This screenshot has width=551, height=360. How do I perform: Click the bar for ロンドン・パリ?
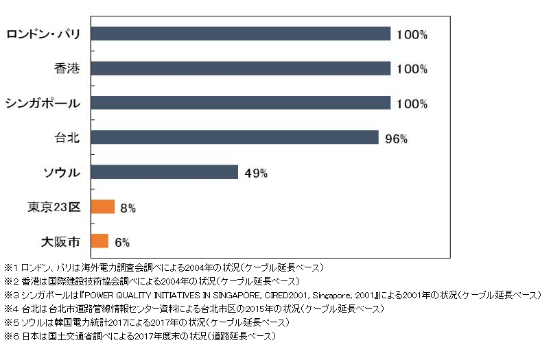(240, 34)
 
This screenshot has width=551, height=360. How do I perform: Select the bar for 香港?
(240, 69)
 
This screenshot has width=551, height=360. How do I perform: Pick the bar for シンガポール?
(240, 103)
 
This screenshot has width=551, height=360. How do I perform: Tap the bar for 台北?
(234, 137)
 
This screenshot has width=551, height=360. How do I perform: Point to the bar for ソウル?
(164, 171)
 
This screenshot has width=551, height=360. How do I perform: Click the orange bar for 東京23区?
(102, 206)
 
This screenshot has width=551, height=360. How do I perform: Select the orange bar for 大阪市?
(99, 241)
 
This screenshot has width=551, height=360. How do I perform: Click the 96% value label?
(396, 139)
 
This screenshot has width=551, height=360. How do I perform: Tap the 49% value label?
(256, 173)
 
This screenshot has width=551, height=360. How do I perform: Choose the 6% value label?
(122, 241)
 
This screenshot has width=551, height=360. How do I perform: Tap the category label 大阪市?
(60, 241)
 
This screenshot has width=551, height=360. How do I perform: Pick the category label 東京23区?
(56, 207)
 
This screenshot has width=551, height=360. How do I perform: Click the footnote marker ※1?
(12, 267)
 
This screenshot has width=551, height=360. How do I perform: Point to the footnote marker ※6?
(12, 336)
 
